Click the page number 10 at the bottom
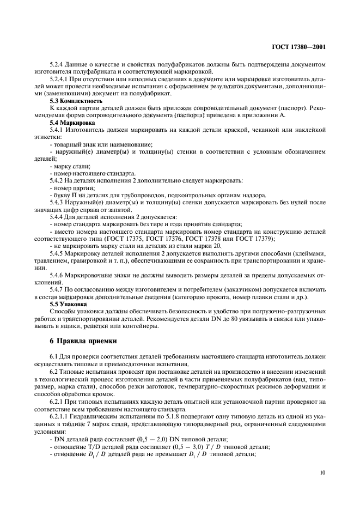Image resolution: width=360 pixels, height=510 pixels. tap(322, 473)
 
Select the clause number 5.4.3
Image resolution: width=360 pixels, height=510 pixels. tap(57, 202)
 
